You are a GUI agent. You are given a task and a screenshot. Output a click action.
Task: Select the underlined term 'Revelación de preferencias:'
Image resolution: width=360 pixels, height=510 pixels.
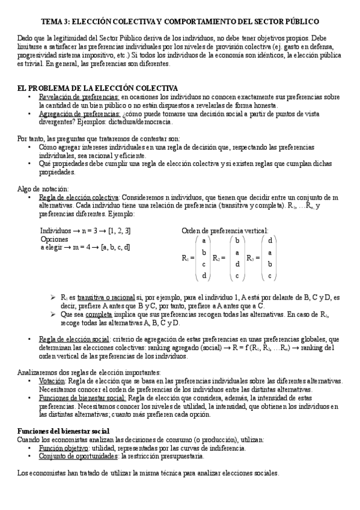[79, 97]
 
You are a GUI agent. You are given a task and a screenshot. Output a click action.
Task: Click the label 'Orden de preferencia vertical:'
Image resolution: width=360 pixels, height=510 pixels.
[225, 230]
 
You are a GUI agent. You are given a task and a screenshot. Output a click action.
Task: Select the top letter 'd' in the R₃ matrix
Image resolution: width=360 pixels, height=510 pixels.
[271, 240]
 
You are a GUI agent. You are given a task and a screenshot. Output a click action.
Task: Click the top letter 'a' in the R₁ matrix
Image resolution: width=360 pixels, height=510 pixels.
[204, 240]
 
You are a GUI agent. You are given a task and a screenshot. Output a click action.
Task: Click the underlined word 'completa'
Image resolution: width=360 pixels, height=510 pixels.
[99, 313]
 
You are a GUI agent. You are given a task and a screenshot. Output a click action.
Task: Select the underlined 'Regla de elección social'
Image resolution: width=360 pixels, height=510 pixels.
[75, 339]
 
